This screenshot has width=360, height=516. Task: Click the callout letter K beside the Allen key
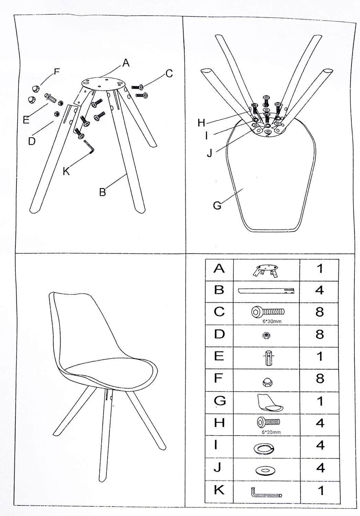pos(66,171)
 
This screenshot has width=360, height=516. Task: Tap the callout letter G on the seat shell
pos(217,205)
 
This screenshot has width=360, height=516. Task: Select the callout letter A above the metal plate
pos(126,62)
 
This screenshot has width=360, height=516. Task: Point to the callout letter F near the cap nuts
pos(57,72)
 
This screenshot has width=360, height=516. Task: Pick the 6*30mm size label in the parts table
pos(272,321)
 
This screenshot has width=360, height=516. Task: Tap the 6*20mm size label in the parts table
pos(271,432)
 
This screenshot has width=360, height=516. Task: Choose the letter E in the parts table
pos(219,356)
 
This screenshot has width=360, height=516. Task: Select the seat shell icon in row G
pos(270,403)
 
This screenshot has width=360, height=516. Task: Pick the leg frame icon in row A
pos(266,270)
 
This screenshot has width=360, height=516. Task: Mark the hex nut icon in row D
pos(266,335)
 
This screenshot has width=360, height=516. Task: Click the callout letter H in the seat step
pos(201,123)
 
